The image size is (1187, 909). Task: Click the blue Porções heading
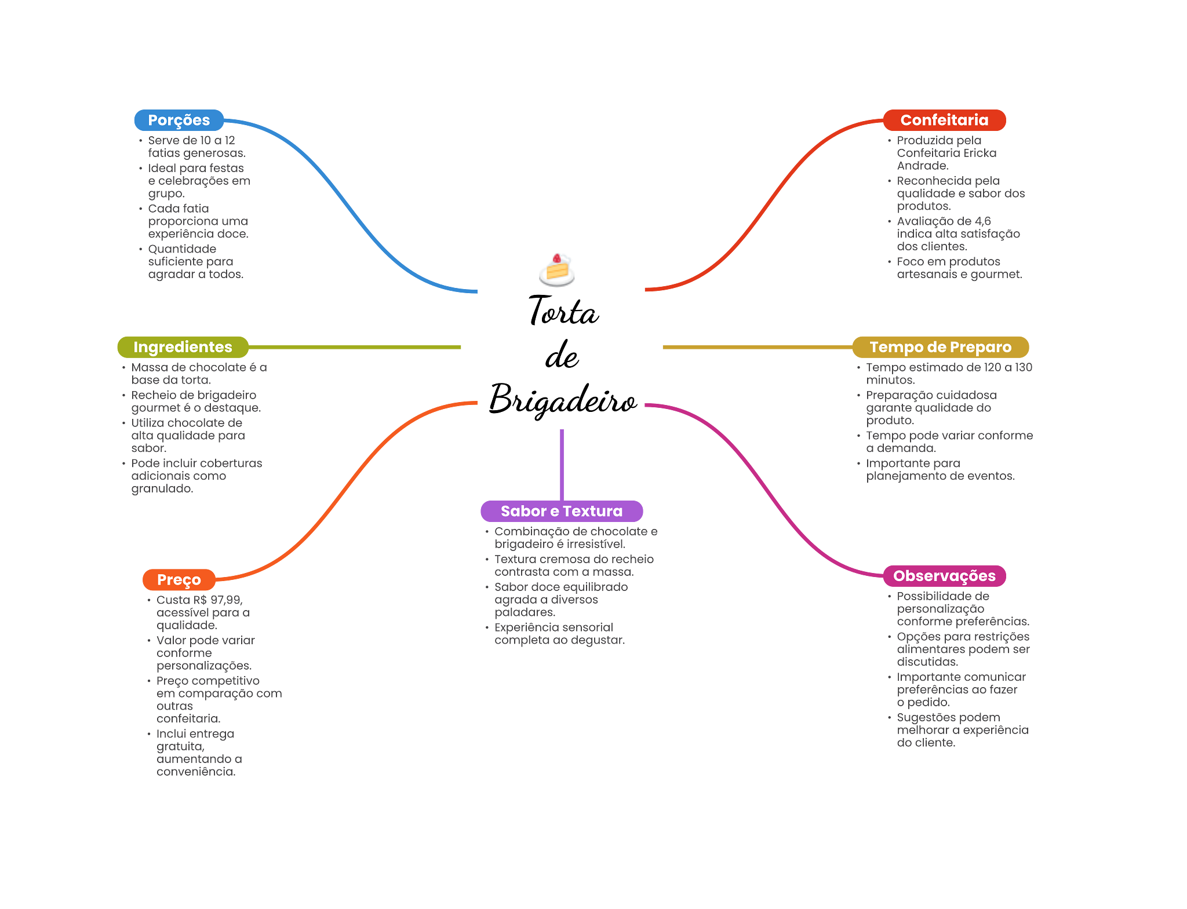[179, 120]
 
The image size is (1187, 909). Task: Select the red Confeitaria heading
[944, 120]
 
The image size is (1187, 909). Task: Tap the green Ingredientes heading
[183, 346]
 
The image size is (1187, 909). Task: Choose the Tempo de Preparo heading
[940, 346]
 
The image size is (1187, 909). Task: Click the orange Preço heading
[179, 579]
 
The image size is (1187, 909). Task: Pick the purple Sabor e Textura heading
[561, 511]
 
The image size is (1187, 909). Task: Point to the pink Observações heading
[944, 575]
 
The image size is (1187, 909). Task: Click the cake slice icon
[556, 270]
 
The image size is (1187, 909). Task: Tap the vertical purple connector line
[562, 463]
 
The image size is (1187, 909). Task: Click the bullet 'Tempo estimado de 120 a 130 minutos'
[948, 374]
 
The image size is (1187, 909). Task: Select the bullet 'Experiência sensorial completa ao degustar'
[559, 634]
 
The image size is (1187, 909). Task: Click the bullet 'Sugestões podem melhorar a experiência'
[962, 730]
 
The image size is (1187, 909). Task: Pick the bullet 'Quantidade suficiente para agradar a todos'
[195, 261]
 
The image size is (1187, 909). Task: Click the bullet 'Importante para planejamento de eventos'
[940, 470]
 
